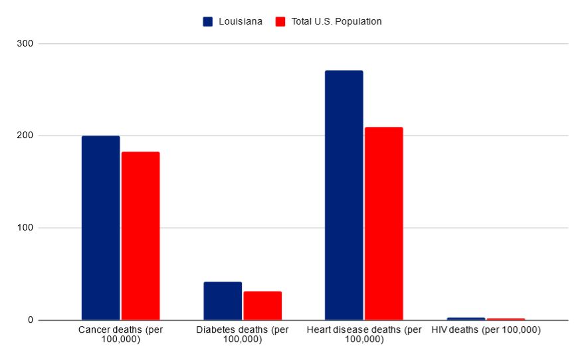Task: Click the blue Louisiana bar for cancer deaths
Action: tap(100, 228)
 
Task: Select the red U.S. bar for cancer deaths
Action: tap(140, 236)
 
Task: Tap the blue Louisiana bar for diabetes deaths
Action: tap(223, 301)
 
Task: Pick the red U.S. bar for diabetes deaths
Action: tap(262, 306)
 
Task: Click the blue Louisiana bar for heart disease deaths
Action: tap(343, 195)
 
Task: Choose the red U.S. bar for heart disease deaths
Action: tap(383, 223)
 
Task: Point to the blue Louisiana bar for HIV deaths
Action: tap(466, 319)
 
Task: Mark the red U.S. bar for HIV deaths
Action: tap(506, 319)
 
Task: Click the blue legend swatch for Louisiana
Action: tap(208, 21)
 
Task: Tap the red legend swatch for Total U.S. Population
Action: tap(280, 21)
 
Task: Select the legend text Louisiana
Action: tap(241, 21)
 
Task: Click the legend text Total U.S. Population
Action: tap(336, 21)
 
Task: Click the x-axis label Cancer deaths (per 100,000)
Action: tap(120, 335)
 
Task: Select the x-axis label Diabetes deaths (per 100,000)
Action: tap(243, 335)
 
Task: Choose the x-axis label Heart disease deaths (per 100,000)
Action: tap(364, 335)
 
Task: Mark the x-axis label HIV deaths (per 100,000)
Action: tap(486, 330)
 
